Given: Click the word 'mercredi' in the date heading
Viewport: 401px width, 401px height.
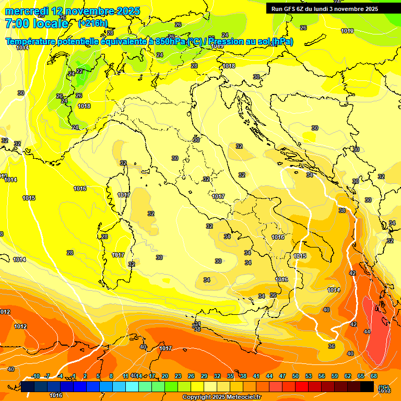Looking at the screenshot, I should click(26, 11).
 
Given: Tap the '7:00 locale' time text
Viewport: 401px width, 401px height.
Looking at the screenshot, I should click(36, 23).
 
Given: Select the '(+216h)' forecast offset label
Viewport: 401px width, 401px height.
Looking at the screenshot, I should click(93, 23).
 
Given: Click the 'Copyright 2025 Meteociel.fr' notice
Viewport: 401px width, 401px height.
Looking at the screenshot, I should click(222, 397).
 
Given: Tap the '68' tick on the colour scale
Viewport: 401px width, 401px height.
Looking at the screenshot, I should click(374, 376).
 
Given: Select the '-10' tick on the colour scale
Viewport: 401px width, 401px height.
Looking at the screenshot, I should click(36, 376).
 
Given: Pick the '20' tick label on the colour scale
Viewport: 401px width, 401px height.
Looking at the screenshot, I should click(165, 376).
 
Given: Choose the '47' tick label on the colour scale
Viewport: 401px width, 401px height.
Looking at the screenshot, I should click(282, 376).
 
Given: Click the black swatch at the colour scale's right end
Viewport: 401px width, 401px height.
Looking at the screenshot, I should click(367, 386).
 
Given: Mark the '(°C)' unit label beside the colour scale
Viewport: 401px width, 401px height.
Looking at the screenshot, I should click(384, 387).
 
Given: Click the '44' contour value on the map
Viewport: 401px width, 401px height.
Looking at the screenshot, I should click(367, 332).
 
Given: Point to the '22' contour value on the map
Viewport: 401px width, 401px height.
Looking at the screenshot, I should click(79, 71).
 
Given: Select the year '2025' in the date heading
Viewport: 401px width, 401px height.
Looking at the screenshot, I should click(117, 11).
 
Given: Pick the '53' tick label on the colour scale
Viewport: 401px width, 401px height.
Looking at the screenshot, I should click(309, 376).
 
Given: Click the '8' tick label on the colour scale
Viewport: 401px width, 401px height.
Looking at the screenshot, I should click(111, 376).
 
